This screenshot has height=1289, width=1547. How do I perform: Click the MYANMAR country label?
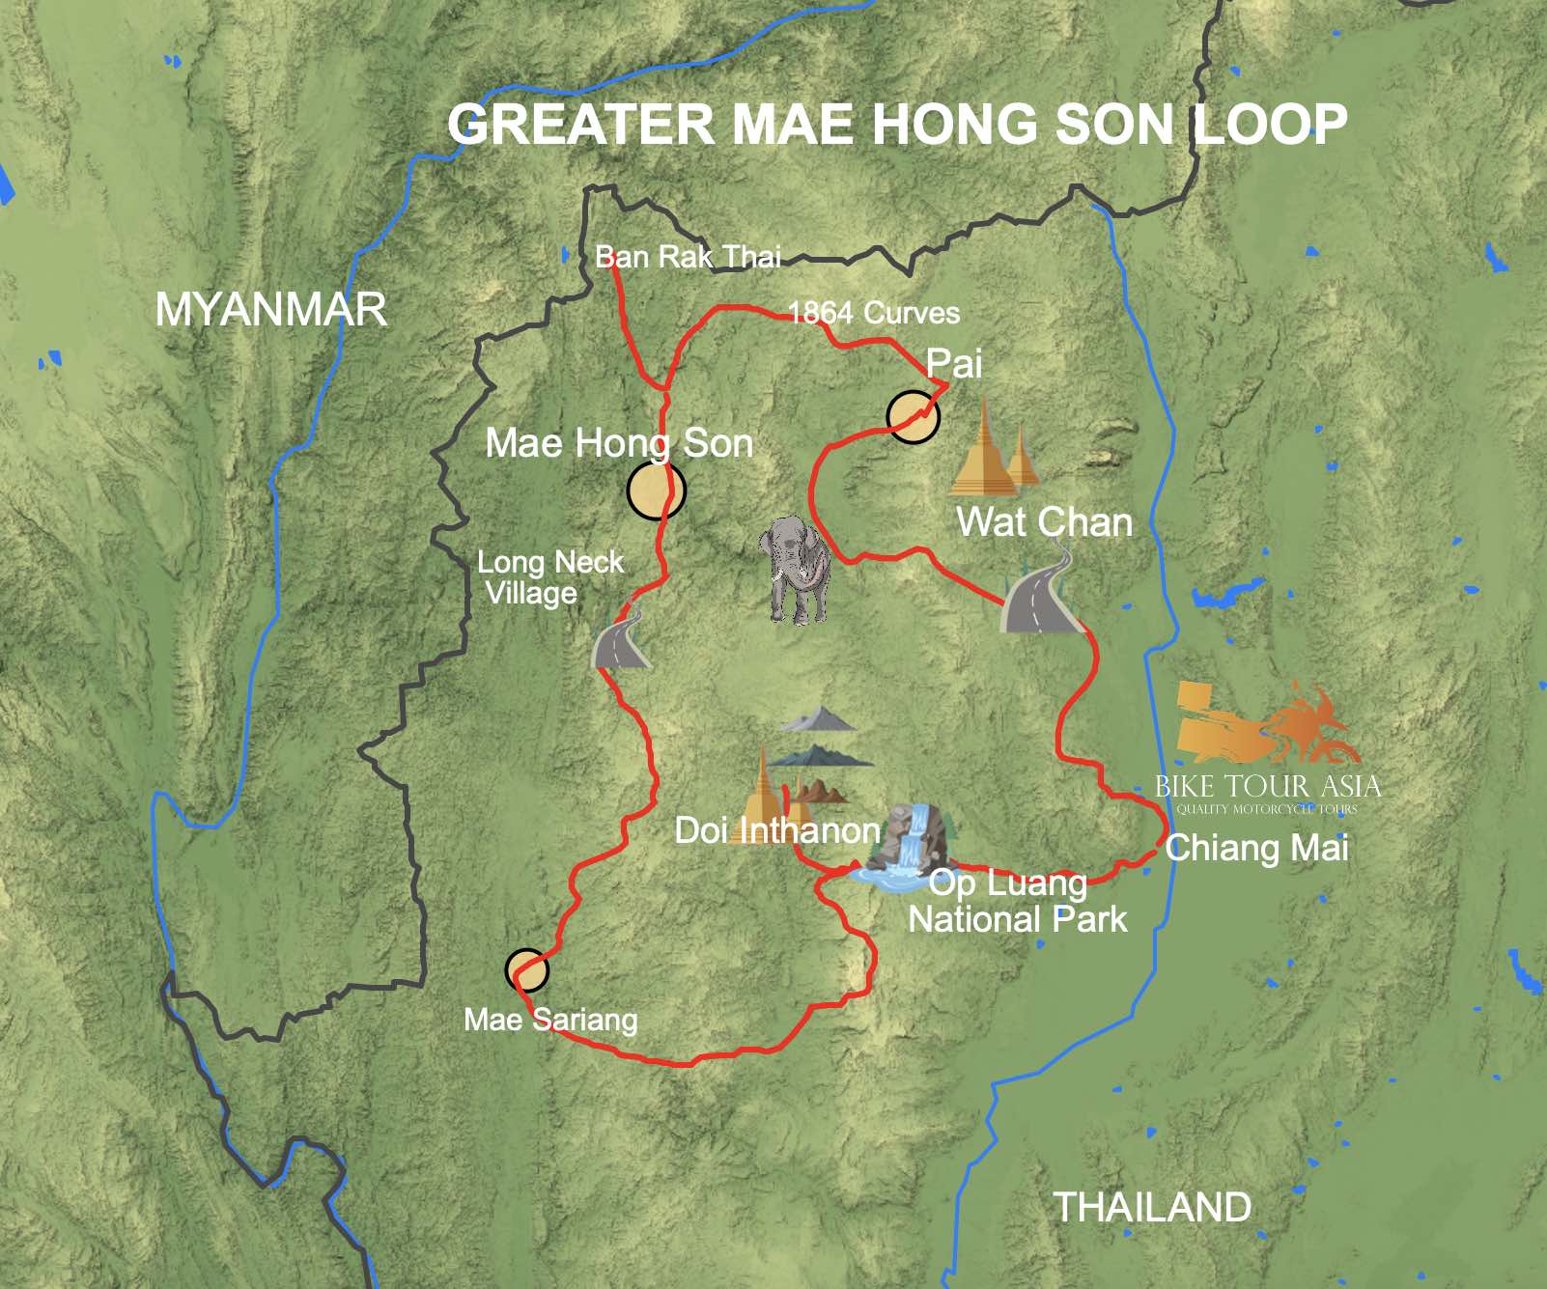pos(270,310)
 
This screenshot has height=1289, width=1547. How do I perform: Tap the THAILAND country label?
pos(1151,1207)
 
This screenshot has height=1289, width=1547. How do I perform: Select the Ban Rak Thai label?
pos(688,257)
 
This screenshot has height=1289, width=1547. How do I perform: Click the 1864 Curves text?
pos(874,313)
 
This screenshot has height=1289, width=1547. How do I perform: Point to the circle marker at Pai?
pos(913,417)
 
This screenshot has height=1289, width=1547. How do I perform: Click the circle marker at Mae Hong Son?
pos(656,490)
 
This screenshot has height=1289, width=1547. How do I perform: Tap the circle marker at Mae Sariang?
pos(526,969)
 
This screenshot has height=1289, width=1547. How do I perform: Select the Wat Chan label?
pos(1044,522)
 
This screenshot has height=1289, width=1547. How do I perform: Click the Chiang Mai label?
pos(1256,848)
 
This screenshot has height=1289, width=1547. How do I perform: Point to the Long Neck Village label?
pos(548,577)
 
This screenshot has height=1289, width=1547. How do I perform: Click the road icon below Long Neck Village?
pos(620,639)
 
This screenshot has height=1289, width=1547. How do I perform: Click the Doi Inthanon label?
pos(776,830)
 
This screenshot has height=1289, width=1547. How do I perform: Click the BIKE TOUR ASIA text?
pos(1267,786)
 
